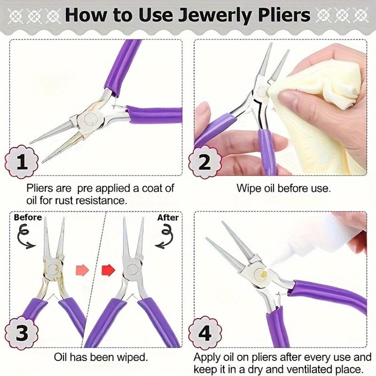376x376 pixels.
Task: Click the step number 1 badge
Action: [22, 162]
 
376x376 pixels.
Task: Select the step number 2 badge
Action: [205, 162]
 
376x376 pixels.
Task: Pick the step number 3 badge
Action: [22, 333]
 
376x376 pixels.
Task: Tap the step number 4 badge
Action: [205, 333]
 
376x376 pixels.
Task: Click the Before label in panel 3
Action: [28, 217]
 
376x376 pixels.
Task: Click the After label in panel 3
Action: [168, 217]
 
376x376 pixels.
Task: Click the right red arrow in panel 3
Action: [108, 270]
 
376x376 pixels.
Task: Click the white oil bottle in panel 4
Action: [316, 239]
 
